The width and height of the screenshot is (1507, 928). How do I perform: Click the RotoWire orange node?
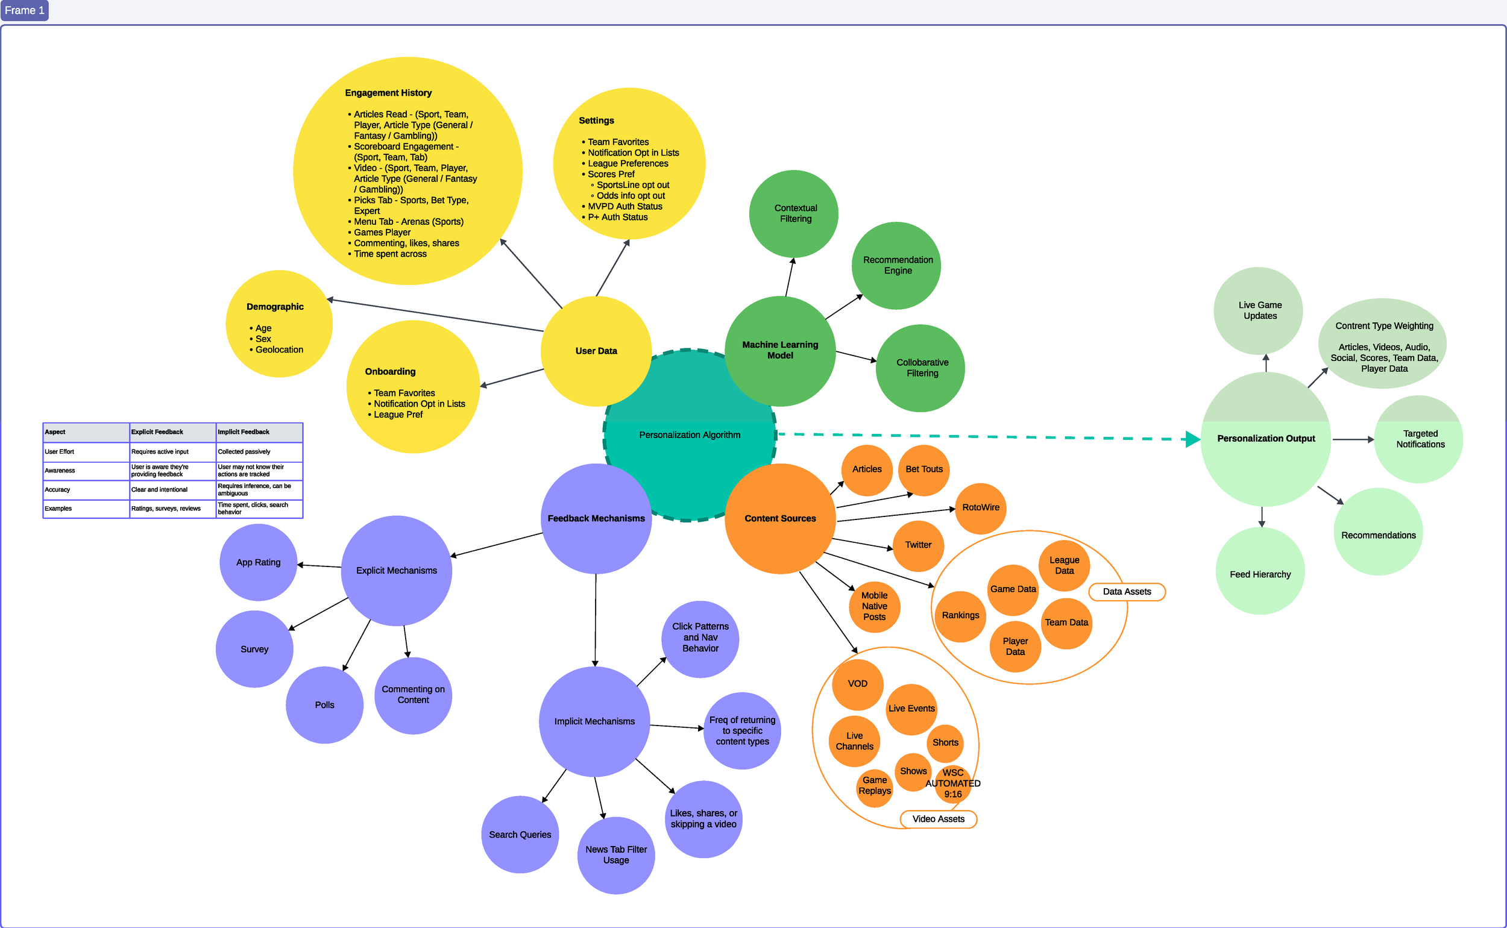[980, 507]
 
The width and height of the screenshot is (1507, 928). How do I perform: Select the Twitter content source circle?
[917, 545]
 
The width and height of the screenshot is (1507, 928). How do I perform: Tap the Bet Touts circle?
[924, 469]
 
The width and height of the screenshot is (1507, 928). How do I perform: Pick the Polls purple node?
[324, 704]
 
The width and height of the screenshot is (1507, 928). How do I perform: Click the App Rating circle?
[259, 562]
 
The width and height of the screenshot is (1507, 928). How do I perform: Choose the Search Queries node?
[520, 835]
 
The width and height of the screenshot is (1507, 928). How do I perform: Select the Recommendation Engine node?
[897, 265]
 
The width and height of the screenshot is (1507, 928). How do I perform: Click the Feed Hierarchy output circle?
[1260, 574]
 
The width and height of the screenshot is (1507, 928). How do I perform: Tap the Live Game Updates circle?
[1259, 310]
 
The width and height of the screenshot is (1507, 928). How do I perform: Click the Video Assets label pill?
[938, 819]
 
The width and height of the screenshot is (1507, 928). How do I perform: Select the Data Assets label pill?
[1127, 592]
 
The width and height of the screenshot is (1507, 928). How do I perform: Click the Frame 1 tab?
[25, 10]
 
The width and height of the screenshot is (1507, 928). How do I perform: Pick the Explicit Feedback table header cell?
[172, 432]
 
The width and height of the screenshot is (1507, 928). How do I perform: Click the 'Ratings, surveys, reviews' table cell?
[172, 509]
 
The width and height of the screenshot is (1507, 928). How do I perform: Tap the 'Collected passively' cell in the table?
[259, 452]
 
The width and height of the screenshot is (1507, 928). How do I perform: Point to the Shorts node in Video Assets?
[945, 742]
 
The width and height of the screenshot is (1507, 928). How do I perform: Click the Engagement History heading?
[388, 93]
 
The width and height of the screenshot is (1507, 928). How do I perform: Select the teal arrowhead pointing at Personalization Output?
[1192, 439]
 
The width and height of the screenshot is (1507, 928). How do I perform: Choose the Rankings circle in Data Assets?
[960, 616]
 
